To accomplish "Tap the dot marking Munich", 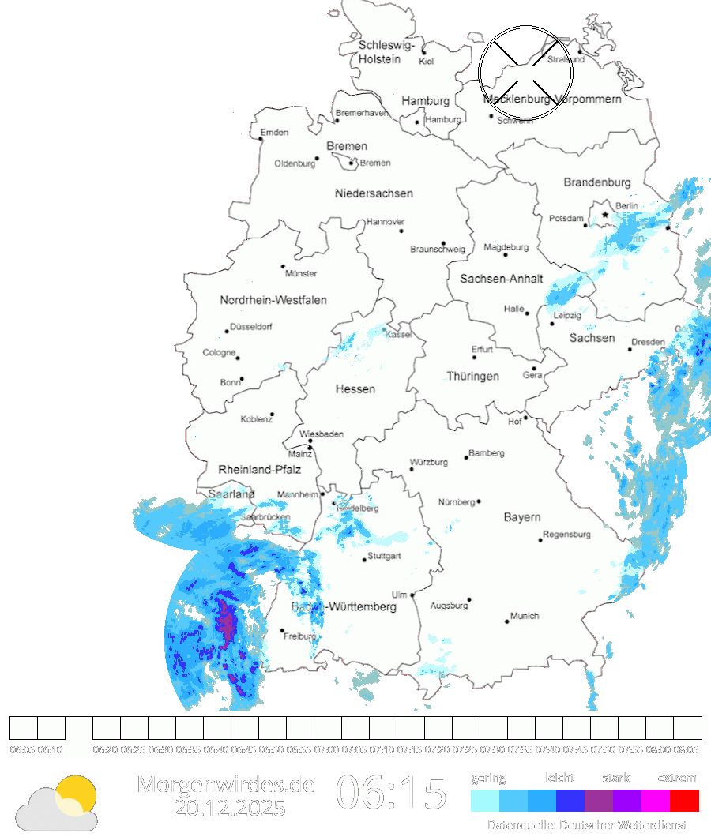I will coord(507,621).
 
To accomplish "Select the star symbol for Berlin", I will coord(605,214).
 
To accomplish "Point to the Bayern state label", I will coord(522,517).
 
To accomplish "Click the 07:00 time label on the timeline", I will coord(327,749).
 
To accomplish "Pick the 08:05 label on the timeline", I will coord(687,749).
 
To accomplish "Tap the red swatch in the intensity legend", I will coord(684,801).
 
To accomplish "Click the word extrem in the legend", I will coord(677,778).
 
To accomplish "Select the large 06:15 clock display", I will coord(392,793).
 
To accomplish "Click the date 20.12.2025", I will coord(230,809).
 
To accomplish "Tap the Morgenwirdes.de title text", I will coord(226,784).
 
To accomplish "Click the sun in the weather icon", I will coord(77,794).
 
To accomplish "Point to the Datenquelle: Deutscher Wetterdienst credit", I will coord(587,825).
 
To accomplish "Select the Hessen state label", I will coord(355,389).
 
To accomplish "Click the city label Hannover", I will coord(386,222).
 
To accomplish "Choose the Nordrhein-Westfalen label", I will coord(273,300).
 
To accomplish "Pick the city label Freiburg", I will coord(300,636).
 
